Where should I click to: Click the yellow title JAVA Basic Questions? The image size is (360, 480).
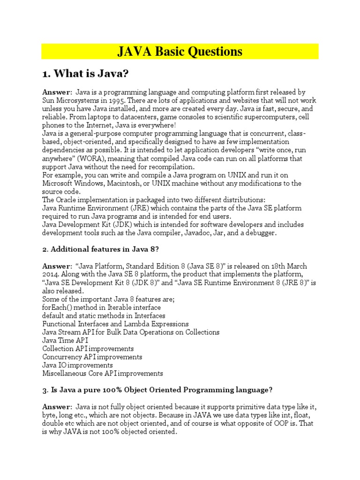tap(180, 51)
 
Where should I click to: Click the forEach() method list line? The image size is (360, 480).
tap(102, 307)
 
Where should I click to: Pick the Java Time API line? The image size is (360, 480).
tap(65, 340)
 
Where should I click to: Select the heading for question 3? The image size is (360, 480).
tap(157, 390)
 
